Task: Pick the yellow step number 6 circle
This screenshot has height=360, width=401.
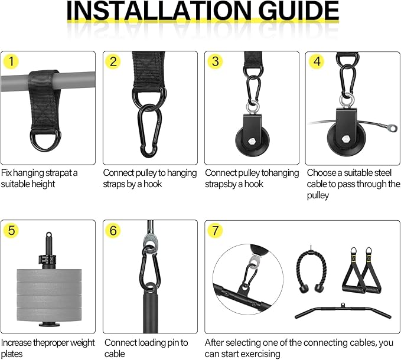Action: (x=113, y=231)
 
